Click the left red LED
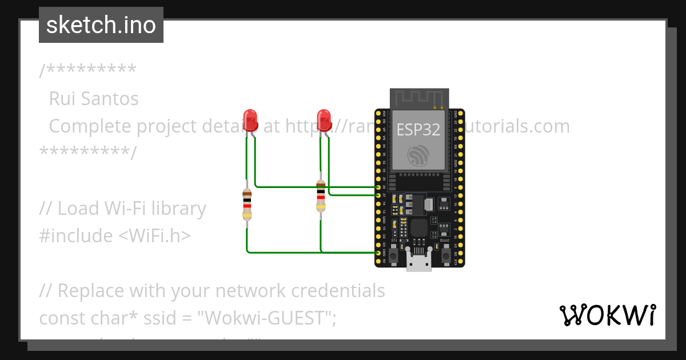point(250,119)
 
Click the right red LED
point(324,119)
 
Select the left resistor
point(247,204)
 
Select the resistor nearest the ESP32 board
point(321,196)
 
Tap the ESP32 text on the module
point(418,130)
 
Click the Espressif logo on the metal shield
point(418,155)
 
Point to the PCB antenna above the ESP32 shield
point(419,98)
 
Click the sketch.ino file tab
point(101,25)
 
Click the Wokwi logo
point(607,315)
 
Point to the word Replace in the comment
point(91,291)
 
